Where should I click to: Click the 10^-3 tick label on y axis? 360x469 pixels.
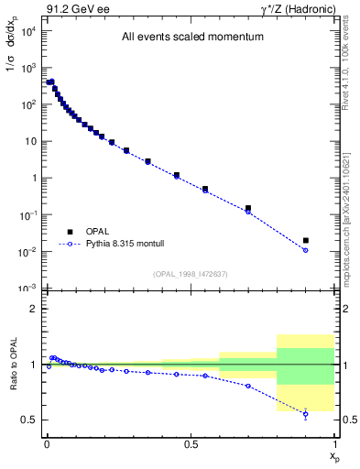(27, 289)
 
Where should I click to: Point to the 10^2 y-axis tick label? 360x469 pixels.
(27, 104)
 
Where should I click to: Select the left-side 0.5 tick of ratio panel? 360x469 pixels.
(29, 420)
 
